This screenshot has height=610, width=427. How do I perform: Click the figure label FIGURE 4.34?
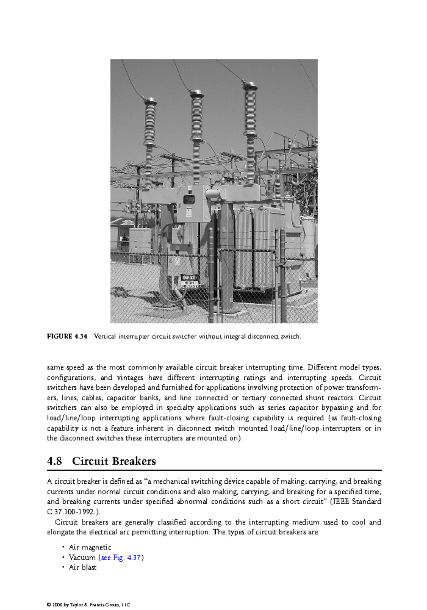pyautogui.click(x=67, y=336)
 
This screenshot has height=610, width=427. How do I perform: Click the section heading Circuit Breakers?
pyautogui.click(x=114, y=461)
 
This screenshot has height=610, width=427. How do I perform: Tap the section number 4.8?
pyautogui.click(x=54, y=461)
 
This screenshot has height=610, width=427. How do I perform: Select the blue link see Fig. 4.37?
pyautogui.click(x=121, y=557)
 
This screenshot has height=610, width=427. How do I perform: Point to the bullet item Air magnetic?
pyautogui.click(x=90, y=547)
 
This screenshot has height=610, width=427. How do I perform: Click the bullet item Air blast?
pyautogui.click(x=83, y=567)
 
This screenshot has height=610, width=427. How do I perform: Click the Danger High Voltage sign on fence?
pyautogui.click(x=189, y=281)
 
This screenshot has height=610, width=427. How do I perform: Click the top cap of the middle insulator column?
pyautogui.click(x=197, y=94)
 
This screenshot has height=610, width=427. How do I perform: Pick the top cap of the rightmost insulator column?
pyautogui.click(x=250, y=86)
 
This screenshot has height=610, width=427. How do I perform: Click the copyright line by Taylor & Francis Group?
pyautogui.click(x=88, y=605)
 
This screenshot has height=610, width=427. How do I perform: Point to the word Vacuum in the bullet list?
pyautogui.click(x=82, y=557)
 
